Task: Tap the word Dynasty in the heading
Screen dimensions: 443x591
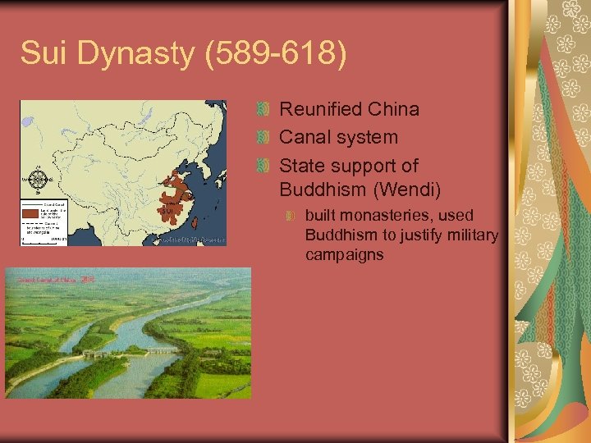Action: coord(141,55)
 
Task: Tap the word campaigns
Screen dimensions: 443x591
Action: coord(344,255)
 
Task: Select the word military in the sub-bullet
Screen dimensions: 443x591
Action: coord(469,235)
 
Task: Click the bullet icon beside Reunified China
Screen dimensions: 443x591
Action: coord(263,109)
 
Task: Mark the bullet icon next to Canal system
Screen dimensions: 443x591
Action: coord(263,137)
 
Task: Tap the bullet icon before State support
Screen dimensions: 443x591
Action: coord(263,166)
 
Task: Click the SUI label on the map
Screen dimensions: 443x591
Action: coord(168,212)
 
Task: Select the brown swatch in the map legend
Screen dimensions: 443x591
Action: coord(30,212)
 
